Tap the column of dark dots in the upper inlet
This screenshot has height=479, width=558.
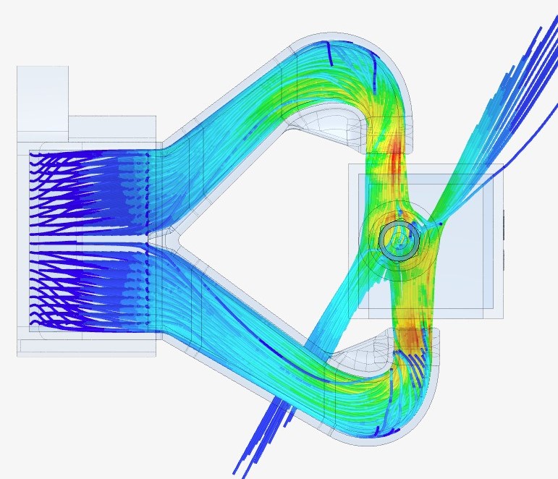point(148,188)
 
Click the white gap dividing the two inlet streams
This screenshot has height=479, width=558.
point(87,238)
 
